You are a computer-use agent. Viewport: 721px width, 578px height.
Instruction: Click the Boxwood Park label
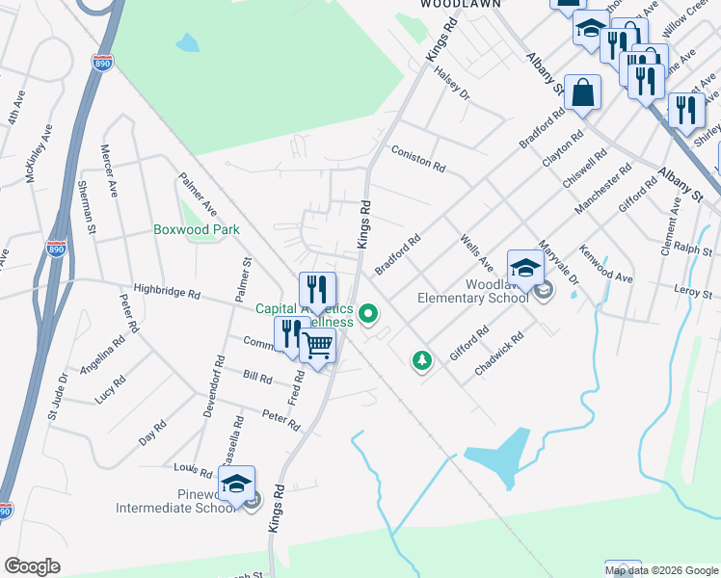click(197, 230)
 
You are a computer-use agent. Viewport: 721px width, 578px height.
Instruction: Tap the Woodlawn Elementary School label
click(472, 291)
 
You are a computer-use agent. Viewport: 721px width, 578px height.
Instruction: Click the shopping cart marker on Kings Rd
click(318, 345)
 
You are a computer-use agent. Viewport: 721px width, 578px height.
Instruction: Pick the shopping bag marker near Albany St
click(583, 92)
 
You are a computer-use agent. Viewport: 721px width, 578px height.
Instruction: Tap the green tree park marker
click(421, 361)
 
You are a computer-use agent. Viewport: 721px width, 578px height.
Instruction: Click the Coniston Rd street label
click(418, 159)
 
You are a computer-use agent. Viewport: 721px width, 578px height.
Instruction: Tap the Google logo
click(32, 566)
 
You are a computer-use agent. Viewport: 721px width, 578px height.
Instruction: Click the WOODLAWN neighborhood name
click(460, 4)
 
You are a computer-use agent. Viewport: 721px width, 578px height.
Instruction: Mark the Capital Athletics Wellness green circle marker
click(367, 313)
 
